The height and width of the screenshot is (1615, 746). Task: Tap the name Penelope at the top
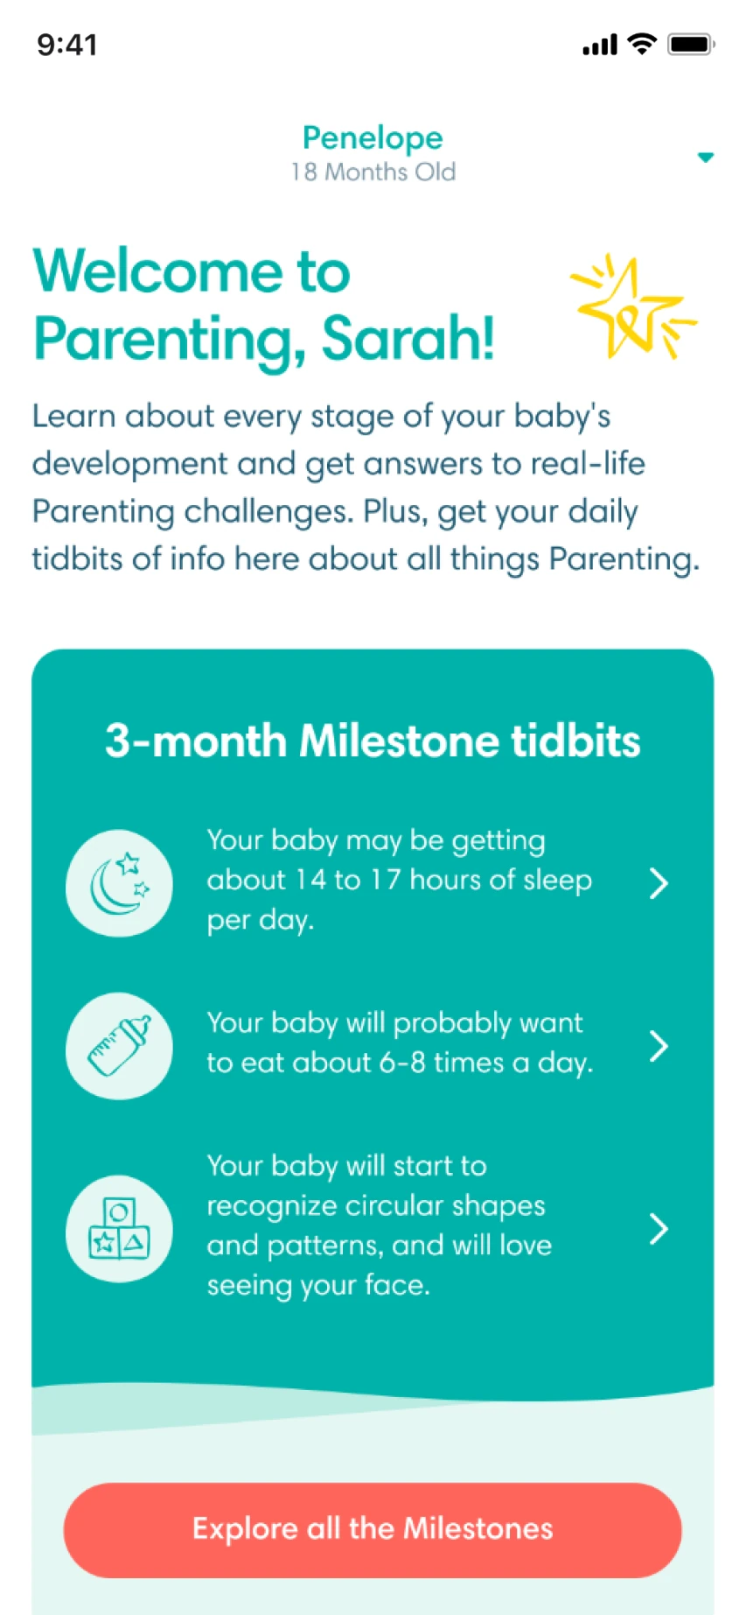(x=373, y=138)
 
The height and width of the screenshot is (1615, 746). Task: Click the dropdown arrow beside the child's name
(x=705, y=158)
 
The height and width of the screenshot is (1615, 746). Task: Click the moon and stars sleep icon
(x=119, y=883)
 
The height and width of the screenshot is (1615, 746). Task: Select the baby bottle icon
(x=119, y=1046)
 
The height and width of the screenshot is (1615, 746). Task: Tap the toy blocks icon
(x=119, y=1229)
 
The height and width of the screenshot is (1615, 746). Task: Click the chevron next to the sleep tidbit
(x=659, y=883)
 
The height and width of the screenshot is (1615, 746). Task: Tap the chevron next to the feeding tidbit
(x=659, y=1046)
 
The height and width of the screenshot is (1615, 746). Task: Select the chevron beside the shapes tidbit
(x=659, y=1229)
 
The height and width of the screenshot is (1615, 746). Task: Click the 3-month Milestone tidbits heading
(x=373, y=741)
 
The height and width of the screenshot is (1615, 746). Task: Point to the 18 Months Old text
(x=373, y=172)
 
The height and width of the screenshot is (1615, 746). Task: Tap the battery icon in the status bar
(x=691, y=45)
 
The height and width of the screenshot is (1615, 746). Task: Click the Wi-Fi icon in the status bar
(x=643, y=45)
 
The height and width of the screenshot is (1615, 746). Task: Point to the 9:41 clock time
(x=67, y=45)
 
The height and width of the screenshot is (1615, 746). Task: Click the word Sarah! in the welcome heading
(x=408, y=338)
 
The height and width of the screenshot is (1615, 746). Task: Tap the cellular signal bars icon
(x=600, y=46)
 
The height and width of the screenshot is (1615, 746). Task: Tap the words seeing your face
(x=318, y=1285)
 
